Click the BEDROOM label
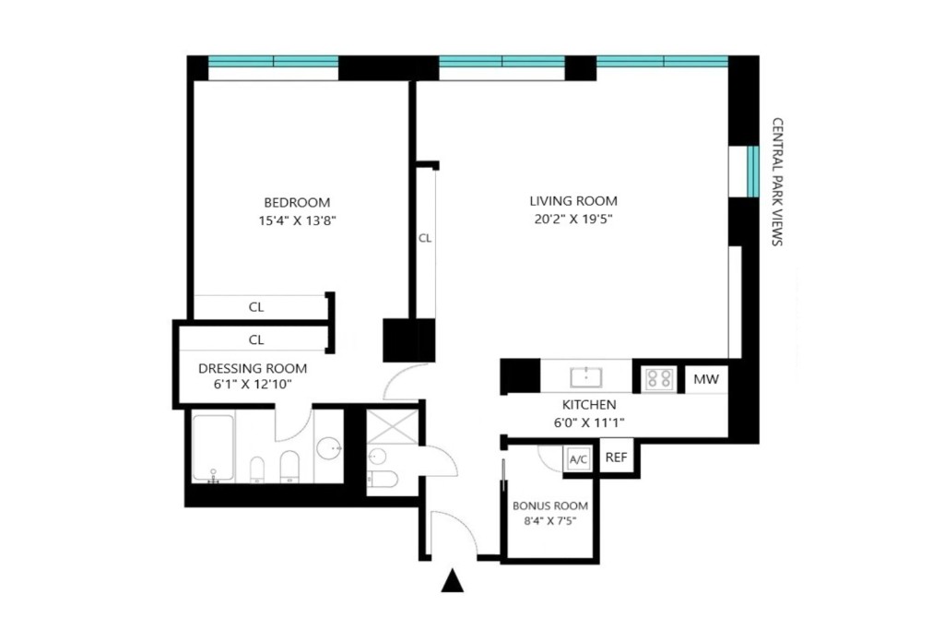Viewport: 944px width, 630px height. (296, 202)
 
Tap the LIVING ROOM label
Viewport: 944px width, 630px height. (572, 201)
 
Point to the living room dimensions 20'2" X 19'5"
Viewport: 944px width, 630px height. (572, 220)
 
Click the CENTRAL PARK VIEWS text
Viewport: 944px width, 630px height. (776, 182)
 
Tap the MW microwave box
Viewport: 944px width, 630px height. (706, 378)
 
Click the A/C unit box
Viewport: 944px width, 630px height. (579, 459)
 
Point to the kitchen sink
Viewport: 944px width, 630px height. (585, 376)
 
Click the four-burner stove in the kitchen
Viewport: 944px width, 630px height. (658, 377)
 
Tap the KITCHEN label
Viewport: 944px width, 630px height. (589, 405)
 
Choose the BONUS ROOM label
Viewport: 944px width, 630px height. (549, 506)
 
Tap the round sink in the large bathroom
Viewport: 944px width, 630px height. (329, 448)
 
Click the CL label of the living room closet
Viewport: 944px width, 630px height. (425, 238)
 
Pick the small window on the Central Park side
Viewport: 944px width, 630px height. (752, 172)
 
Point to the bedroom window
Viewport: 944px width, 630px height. (273, 63)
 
